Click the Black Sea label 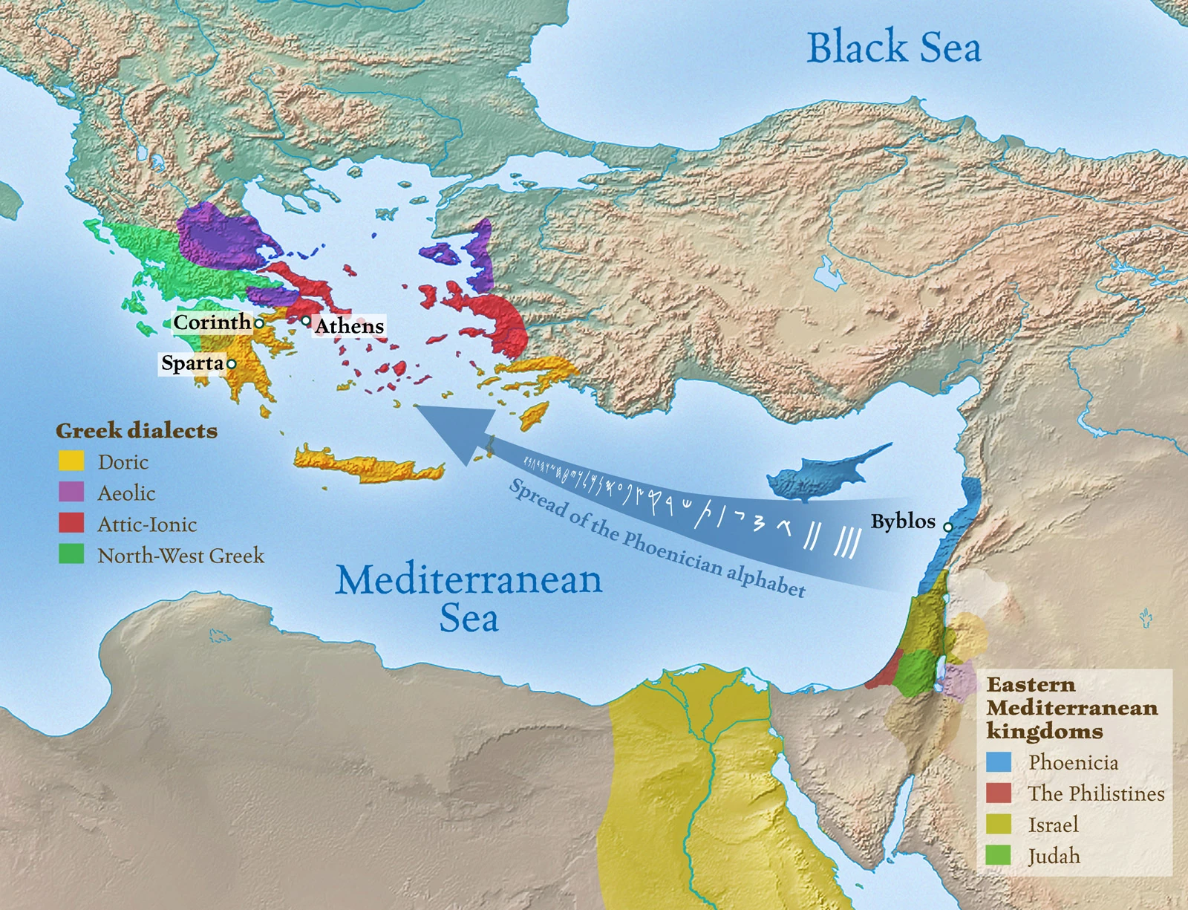(893, 48)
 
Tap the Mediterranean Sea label (469, 598)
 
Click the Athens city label (349, 326)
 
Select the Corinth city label (212, 322)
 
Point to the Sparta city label (192, 363)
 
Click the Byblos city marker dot (947, 527)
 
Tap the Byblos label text (903, 521)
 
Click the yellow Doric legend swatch (71, 461)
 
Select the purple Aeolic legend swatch (71, 493)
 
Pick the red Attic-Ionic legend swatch (71, 524)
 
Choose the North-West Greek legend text (180, 556)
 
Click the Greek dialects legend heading (137, 431)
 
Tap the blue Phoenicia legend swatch (999, 762)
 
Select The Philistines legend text (1096, 793)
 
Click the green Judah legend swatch (999, 856)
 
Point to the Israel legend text (1053, 825)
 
